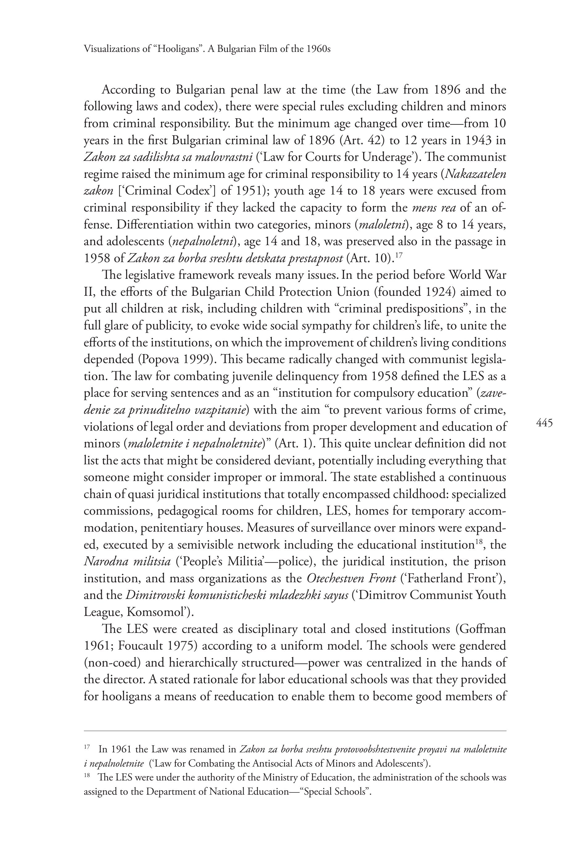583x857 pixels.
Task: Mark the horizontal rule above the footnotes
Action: (x=295, y=730)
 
